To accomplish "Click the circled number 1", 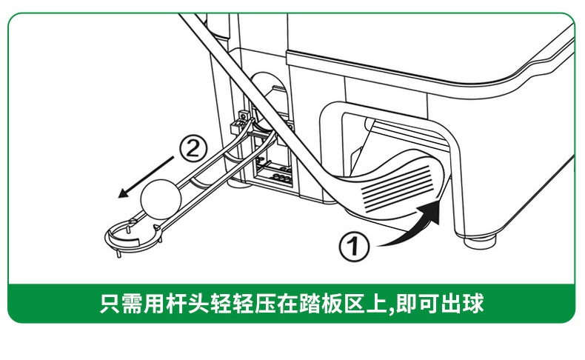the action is coord(354,246).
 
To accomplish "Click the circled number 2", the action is coord(193,148).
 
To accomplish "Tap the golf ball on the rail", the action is coord(161,199).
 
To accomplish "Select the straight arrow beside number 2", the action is coord(146,177).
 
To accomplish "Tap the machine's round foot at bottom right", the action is coord(481,241).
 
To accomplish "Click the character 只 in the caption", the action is coord(110,303).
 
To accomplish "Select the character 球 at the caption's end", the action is coord(473,303).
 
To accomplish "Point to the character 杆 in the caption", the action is coord(176,303).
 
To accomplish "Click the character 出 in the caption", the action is coord(452,303).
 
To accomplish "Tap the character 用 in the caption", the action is coord(155,303).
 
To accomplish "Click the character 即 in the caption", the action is coord(407,303).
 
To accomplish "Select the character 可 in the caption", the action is coord(429,303).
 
